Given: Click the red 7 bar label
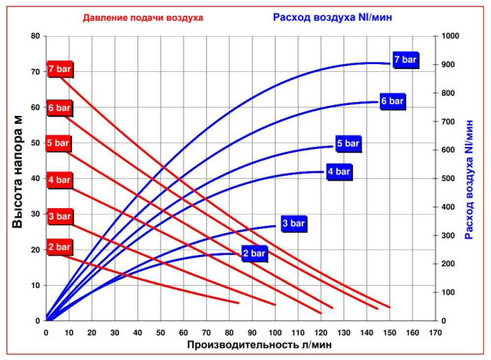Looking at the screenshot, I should (x=60, y=69).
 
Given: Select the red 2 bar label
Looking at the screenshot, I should (x=60, y=248).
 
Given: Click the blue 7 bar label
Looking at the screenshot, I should (x=405, y=59).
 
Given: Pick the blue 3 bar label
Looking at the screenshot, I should (x=294, y=224).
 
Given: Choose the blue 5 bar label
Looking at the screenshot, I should (x=348, y=144).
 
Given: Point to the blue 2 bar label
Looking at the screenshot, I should (x=254, y=253).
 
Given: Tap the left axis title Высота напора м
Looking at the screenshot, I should (x=17, y=177).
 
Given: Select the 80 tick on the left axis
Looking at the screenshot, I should (x=35, y=35).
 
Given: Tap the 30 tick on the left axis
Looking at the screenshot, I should (x=35, y=214).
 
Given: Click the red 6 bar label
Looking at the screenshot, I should (x=60, y=108).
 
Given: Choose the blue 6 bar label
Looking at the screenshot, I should (x=392, y=102).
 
